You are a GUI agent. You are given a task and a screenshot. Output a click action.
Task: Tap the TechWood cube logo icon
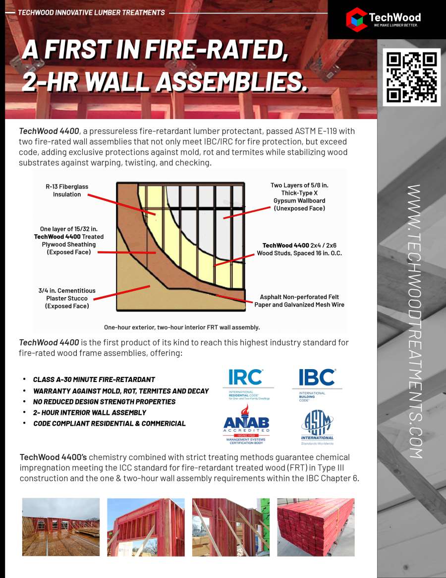pyautogui.click(x=356, y=18)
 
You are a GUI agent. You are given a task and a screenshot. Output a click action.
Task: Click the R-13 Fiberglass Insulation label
pyautogui.click(x=67, y=191)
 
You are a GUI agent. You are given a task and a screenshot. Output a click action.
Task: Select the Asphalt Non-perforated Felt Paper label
pyautogui.click(x=299, y=301)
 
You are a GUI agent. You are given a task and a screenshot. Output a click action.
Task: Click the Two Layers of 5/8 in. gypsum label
pyautogui.click(x=299, y=197)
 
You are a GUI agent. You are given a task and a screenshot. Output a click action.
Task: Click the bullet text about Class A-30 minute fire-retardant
pyautogui.click(x=94, y=380)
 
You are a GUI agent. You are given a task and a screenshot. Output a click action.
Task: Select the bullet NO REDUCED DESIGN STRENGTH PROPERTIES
pyautogui.click(x=104, y=401)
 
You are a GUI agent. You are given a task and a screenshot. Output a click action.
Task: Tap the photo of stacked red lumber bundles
pyautogui.click(x=316, y=526)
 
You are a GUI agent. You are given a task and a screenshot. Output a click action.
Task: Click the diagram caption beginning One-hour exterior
pyautogui.click(x=182, y=327)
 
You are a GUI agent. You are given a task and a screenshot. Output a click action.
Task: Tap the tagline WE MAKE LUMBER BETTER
pyautogui.click(x=396, y=25)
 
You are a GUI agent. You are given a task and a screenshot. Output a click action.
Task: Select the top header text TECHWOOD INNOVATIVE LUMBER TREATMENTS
pyautogui.click(x=91, y=12)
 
